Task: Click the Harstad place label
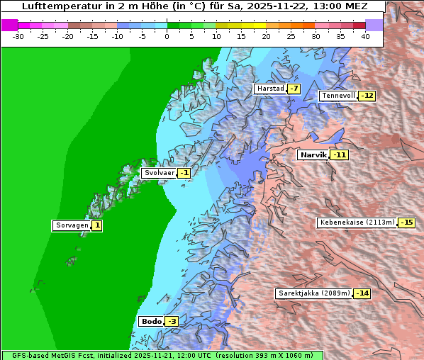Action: [x=270, y=89]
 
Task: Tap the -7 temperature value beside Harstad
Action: [x=293, y=89]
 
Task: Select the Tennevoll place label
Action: [x=338, y=96]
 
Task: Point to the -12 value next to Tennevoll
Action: [x=367, y=96]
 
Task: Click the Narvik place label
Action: [x=313, y=155]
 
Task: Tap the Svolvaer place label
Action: [x=158, y=173]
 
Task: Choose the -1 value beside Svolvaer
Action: [x=184, y=173]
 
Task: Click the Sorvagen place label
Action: [x=72, y=226]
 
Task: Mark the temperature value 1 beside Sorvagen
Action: [x=96, y=226]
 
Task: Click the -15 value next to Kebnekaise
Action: [x=406, y=223]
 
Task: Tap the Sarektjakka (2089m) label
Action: [x=313, y=293]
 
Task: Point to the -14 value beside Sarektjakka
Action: [x=362, y=293]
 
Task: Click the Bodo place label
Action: [x=152, y=322]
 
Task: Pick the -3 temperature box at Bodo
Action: [x=172, y=322]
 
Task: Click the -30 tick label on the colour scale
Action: [x=18, y=36]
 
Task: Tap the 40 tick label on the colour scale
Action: [x=365, y=36]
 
